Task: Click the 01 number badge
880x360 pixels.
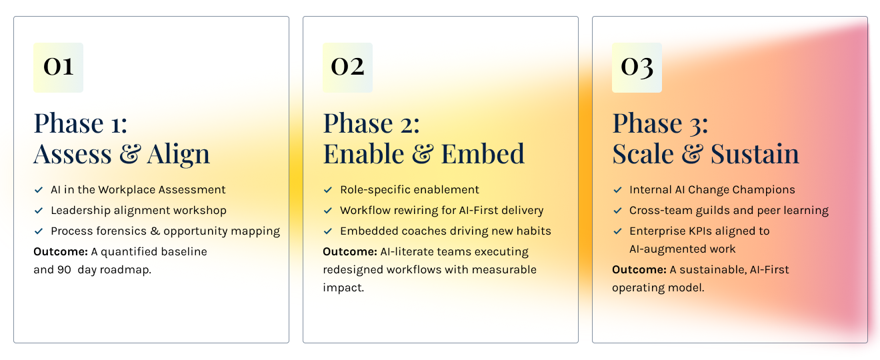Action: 58,67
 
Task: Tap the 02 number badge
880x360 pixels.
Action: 348,67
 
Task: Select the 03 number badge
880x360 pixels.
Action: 637,67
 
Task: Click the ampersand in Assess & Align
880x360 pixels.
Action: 130,154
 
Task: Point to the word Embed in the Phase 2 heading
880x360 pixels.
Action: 483,154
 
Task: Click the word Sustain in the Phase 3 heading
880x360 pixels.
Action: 755,154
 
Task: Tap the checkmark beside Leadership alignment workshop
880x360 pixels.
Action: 39,211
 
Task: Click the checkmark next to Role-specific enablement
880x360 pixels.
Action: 327,190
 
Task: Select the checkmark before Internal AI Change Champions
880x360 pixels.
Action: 617,190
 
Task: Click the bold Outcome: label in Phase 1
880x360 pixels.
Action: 61,251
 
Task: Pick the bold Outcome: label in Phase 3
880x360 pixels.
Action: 639,269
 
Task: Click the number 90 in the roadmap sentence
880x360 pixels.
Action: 64,270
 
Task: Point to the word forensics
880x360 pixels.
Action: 122,231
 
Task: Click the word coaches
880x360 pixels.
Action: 423,231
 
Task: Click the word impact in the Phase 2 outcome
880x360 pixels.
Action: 342,288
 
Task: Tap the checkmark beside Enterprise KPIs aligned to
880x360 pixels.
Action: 617,231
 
